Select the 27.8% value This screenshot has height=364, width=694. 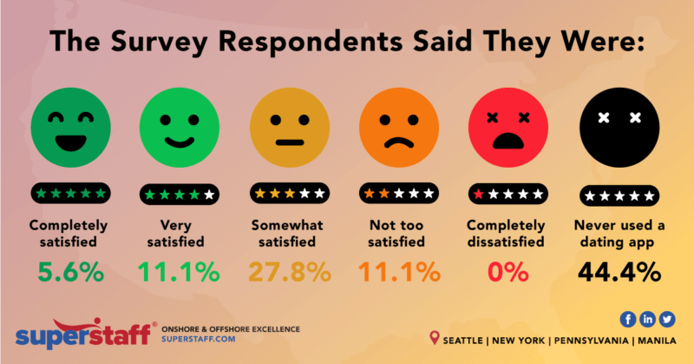tap(289, 272)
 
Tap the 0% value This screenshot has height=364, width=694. tap(507, 272)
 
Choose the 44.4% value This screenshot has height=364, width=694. tap(618, 272)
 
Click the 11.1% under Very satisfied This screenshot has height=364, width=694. tap(179, 272)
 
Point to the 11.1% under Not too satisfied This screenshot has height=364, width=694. tap(398, 272)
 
